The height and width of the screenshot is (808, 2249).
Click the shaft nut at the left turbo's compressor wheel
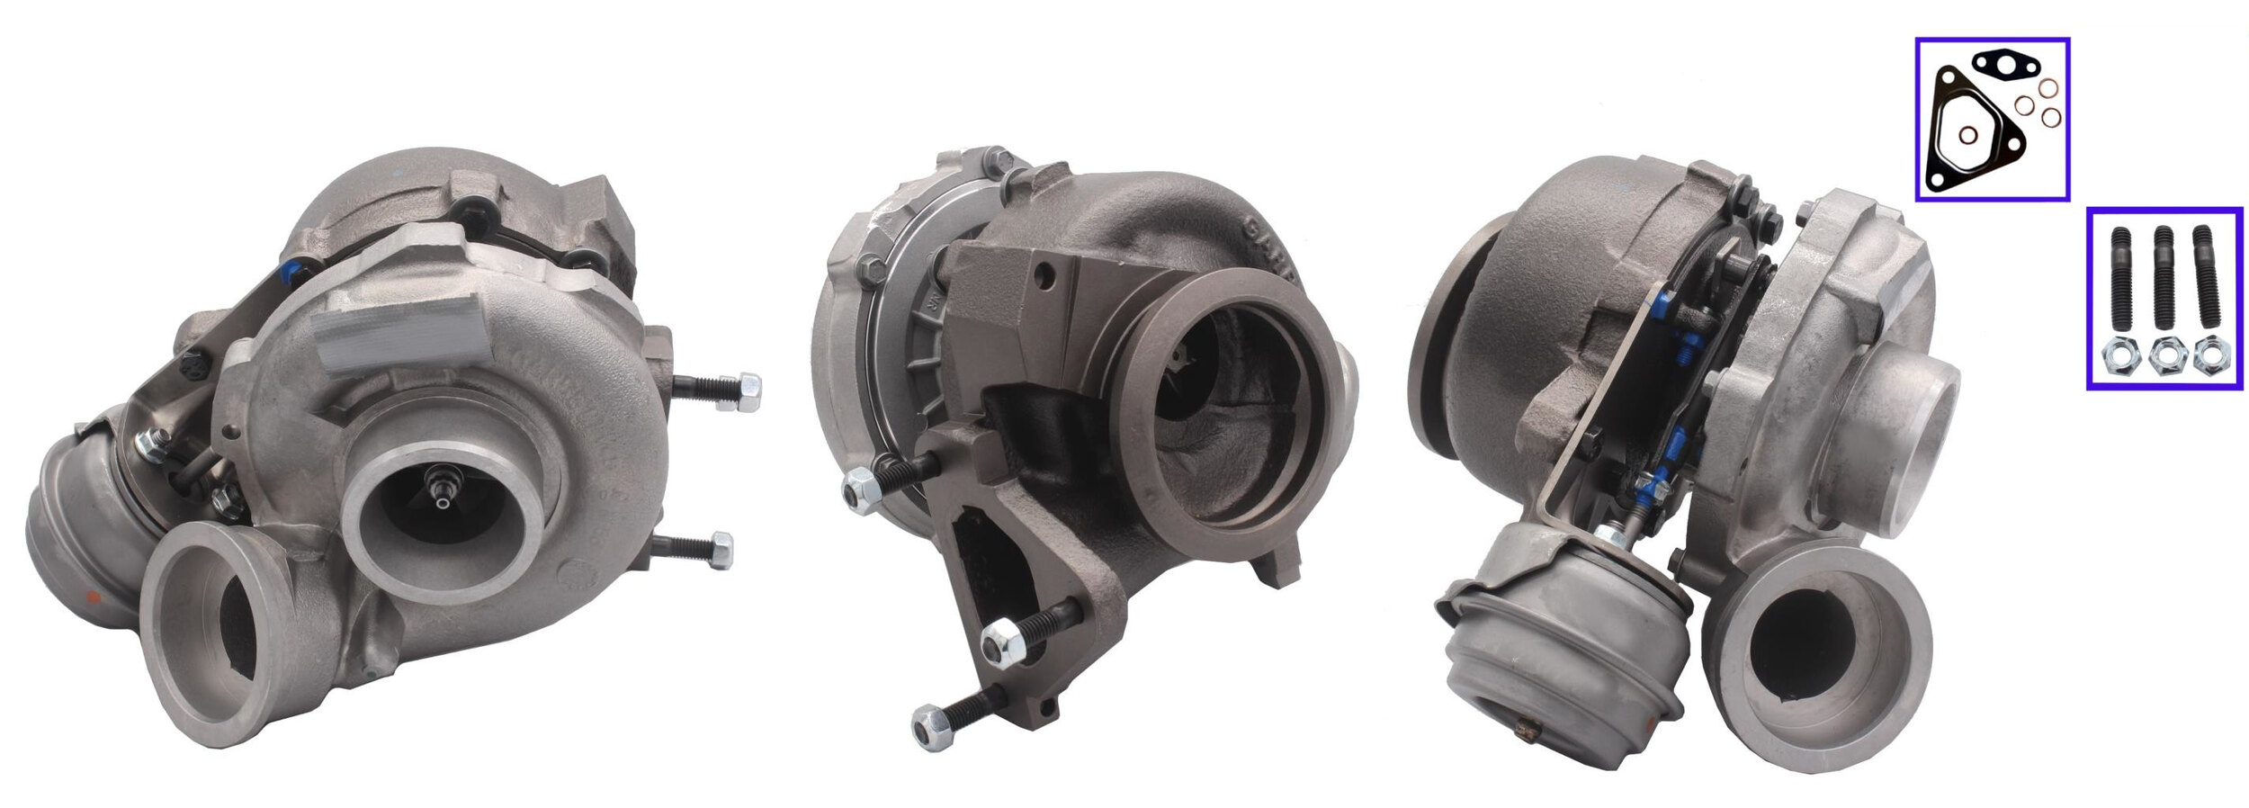[x=441, y=492]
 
